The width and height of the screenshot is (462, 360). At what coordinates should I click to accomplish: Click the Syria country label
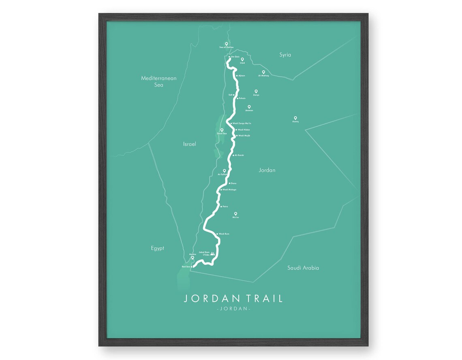pos(285,55)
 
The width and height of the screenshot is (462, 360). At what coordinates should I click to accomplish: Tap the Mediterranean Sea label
pos(158,81)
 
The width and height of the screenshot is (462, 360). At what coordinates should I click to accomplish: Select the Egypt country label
pos(157,248)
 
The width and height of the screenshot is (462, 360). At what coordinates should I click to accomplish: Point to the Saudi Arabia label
pos(303,268)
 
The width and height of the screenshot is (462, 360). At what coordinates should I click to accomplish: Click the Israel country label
pos(189,144)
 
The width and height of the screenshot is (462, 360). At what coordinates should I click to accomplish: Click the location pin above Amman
pos(249,107)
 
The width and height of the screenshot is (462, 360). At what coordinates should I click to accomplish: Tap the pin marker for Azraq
pos(295,118)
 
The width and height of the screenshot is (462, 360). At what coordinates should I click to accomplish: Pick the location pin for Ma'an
pos(235,214)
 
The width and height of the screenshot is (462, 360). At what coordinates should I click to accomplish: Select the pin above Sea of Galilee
pos(227,44)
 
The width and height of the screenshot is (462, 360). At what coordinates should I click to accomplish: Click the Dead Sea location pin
pos(222,130)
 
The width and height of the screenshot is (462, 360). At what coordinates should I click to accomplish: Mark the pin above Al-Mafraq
pos(263,72)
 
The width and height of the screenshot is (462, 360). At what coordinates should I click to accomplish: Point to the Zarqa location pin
pos(256,92)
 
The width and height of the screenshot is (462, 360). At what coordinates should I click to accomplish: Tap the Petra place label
pos(225,207)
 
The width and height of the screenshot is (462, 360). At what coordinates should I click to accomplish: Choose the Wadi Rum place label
pos(224,234)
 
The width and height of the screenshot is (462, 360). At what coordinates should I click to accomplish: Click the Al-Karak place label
pos(239,155)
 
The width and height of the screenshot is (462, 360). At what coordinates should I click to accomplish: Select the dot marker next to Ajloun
pos(237,76)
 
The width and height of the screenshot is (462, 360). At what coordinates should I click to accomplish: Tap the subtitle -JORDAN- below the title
pos(233,309)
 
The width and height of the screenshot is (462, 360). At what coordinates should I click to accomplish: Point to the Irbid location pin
pos(242,60)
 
